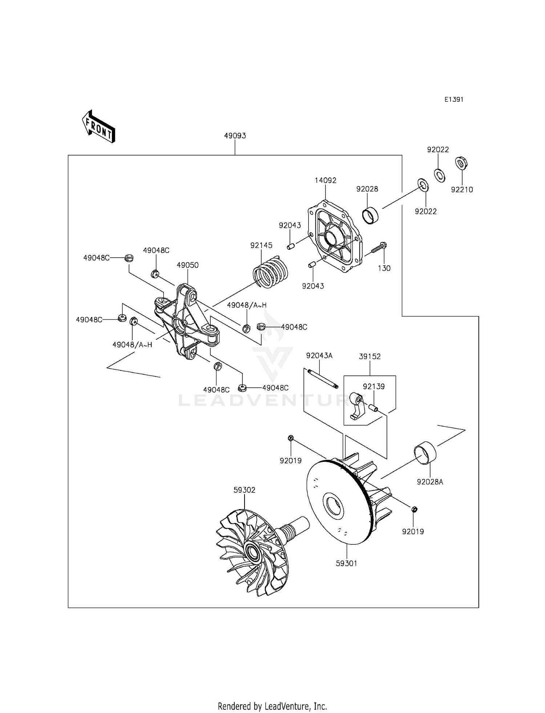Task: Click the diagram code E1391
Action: pyautogui.click(x=453, y=100)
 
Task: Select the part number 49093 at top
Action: pyautogui.click(x=235, y=136)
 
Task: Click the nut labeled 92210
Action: pyautogui.click(x=461, y=163)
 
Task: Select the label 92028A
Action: pyautogui.click(x=430, y=482)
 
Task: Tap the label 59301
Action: pyautogui.click(x=346, y=563)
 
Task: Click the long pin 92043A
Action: pyautogui.click(x=322, y=378)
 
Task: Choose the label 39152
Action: pyautogui.click(x=370, y=356)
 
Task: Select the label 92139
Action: pyautogui.click(x=374, y=386)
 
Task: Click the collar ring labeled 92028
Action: pyautogui.click(x=371, y=215)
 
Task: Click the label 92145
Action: pyautogui.click(x=261, y=245)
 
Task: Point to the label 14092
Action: pyautogui.click(x=325, y=180)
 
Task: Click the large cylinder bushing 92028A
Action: pyautogui.click(x=425, y=452)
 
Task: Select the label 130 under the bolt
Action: pyautogui.click(x=384, y=268)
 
